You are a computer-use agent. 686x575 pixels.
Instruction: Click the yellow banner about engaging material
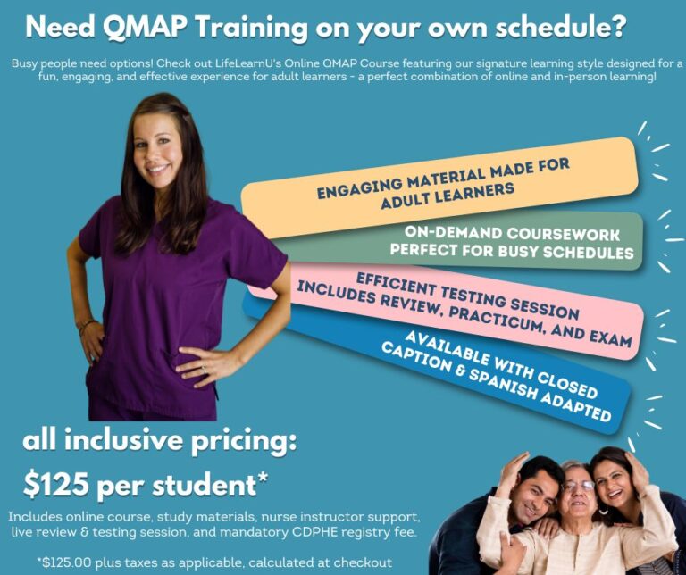438,184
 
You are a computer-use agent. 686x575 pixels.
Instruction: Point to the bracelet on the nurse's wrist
86,326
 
